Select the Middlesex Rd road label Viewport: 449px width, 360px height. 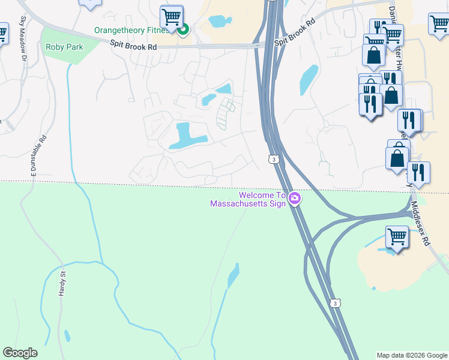pyautogui.click(x=420, y=222)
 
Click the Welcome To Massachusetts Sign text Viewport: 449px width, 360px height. pyautogui.click(x=246, y=199)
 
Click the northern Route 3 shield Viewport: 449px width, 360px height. pyautogui.click(x=273, y=159)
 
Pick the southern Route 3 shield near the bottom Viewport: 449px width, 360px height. pyautogui.click(x=336, y=304)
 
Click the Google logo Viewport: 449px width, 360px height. pyautogui.click(x=20, y=353)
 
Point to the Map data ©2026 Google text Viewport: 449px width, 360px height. pyautogui.click(x=411, y=355)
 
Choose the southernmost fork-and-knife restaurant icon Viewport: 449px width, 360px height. pyautogui.click(x=418, y=172)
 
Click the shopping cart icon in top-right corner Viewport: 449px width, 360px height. pyautogui.click(x=439, y=24)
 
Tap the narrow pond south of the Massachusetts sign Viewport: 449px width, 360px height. pyautogui.click(x=233, y=276)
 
